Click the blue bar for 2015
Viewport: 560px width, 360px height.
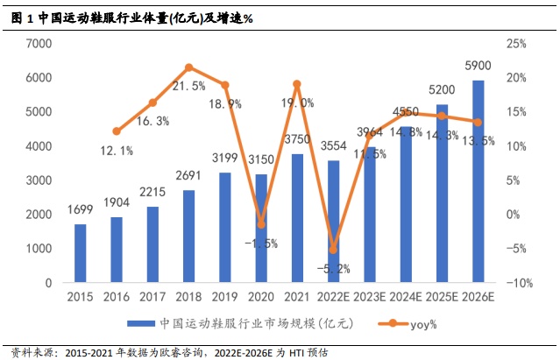tap(81, 254)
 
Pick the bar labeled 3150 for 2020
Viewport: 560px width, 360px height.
tap(261, 229)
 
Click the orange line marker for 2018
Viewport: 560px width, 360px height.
tap(189, 67)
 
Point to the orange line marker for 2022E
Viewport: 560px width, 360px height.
tap(333, 250)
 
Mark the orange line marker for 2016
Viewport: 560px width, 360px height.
tap(117, 131)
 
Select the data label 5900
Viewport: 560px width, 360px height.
tap(478, 65)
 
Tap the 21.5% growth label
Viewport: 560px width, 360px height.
tap(188, 86)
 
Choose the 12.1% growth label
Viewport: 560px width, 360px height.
tap(117, 151)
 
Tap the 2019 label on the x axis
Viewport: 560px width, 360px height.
tap(225, 298)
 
